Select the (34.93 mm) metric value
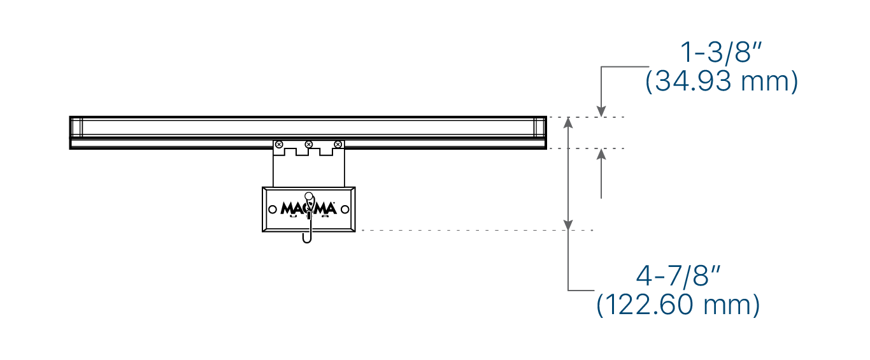pyautogui.click(x=721, y=82)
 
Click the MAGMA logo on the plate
pyautogui.click(x=308, y=208)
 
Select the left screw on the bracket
pyautogui.click(x=279, y=145)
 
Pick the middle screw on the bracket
pyautogui.click(x=309, y=145)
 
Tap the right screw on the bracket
pyautogui.click(x=338, y=145)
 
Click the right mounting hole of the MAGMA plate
pyautogui.click(x=345, y=209)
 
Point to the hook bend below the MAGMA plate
pyautogui.click(x=307, y=240)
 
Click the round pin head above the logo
pyautogui.click(x=309, y=196)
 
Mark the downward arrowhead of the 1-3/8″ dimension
pyautogui.click(x=601, y=112)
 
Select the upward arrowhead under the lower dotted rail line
pyautogui.click(x=601, y=155)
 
